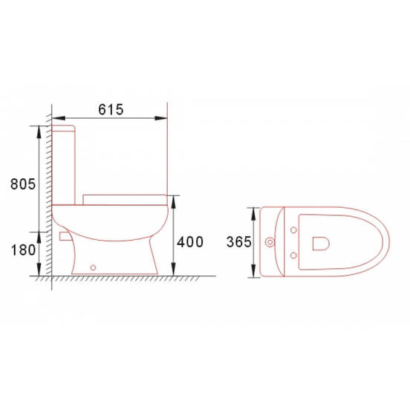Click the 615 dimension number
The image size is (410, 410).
(x=111, y=108)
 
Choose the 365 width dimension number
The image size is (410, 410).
(x=239, y=242)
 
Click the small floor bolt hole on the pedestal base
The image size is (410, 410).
(x=93, y=266)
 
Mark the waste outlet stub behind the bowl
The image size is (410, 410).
(x=62, y=235)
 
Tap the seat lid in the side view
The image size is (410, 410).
(x=124, y=198)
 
